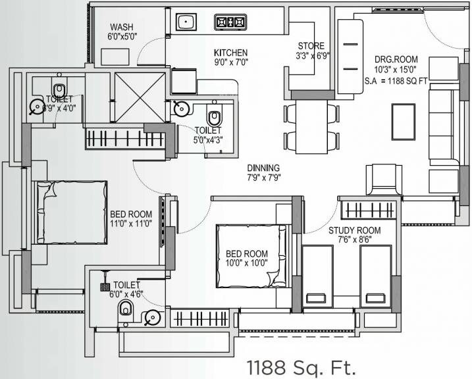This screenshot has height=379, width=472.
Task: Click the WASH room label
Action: (x=121, y=27)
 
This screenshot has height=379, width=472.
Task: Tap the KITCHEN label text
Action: (x=230, y=53)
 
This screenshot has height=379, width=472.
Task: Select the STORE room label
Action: (x=311, y=46)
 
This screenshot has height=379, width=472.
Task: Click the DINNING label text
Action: (x=263, y=168)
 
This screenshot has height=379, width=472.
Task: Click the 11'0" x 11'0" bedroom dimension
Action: (x=131, y=224)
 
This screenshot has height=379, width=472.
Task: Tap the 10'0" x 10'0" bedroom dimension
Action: (x=247, y=264)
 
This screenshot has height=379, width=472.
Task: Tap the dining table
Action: (x=308, y=124)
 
